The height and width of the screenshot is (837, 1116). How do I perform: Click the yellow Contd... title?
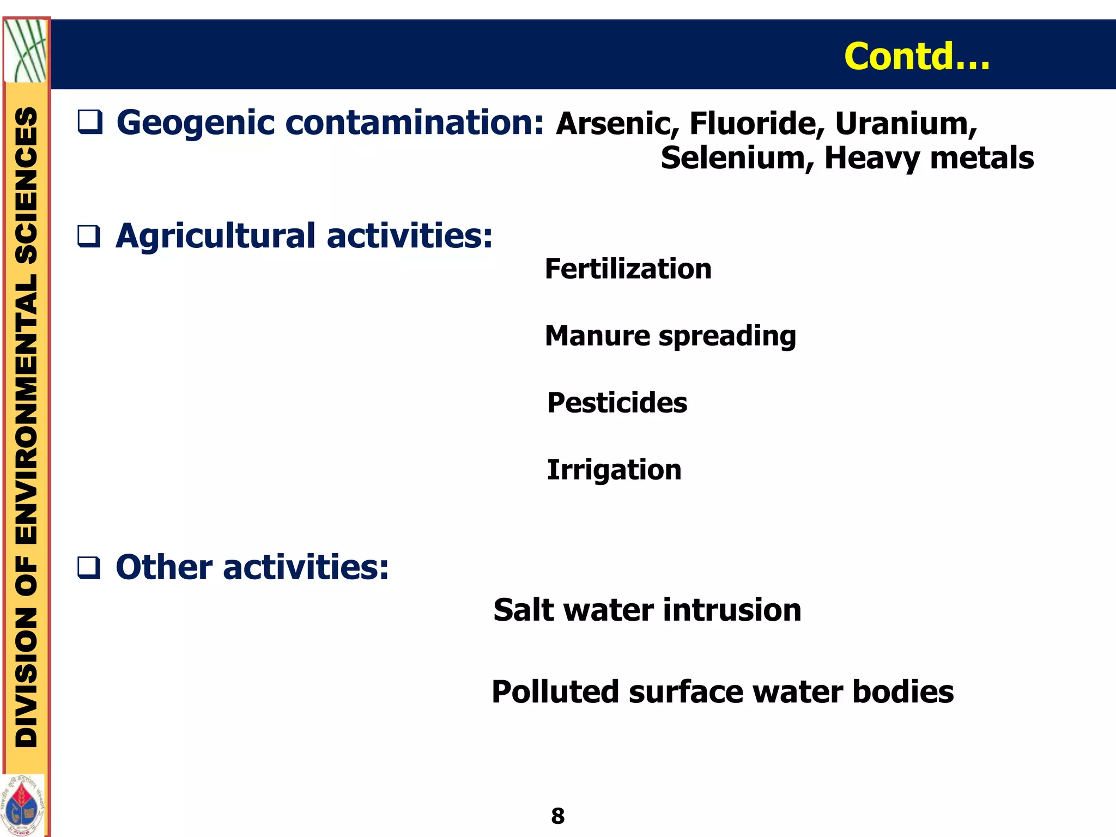coord(917,56)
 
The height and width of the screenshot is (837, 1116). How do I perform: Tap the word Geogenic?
coord(196,123)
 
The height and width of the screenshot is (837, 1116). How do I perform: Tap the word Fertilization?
coord(628,269)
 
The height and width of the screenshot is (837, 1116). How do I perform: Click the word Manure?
coord(597,336)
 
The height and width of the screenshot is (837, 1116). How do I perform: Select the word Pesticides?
coord(617,403)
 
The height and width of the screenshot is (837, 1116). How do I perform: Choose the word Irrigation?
coord(614,470)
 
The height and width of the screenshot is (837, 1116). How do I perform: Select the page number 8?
coord(557,816)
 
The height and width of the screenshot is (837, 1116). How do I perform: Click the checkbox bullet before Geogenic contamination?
coord(89,122)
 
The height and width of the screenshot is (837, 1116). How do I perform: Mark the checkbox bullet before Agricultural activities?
coord(89,236)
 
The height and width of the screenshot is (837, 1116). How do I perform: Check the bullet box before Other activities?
coord(89,568)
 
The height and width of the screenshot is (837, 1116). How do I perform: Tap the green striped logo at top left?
coord(25,51)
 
